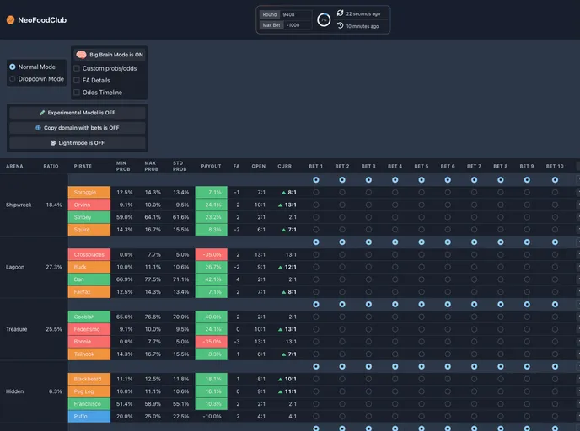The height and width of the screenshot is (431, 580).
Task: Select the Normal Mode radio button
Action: (13, 67)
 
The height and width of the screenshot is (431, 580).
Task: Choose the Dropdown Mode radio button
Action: (13, 79)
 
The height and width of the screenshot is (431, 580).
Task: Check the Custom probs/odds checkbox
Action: (78, 68)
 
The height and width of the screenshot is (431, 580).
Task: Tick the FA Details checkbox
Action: (78, 80)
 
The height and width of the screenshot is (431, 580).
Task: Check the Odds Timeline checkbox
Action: (78, 93)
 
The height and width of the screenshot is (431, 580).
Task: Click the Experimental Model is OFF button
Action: (77, 112)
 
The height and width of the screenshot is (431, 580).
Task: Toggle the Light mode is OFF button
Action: (77, 143)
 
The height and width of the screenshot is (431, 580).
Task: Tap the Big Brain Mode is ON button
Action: (110, 54)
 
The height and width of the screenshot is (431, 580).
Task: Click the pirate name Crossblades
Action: (89, 254)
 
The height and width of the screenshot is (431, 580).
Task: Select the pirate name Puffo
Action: (89, 416)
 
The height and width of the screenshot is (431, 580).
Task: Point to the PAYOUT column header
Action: (211, 166)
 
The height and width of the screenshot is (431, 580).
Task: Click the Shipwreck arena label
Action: (19, 205)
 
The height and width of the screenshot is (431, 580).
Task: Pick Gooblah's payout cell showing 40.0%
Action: (211, 317)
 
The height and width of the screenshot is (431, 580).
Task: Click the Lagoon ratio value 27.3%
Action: (54, 267)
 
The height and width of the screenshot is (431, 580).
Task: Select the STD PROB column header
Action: (181, 166)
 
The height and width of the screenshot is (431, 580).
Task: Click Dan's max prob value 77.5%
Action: (152, 279)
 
